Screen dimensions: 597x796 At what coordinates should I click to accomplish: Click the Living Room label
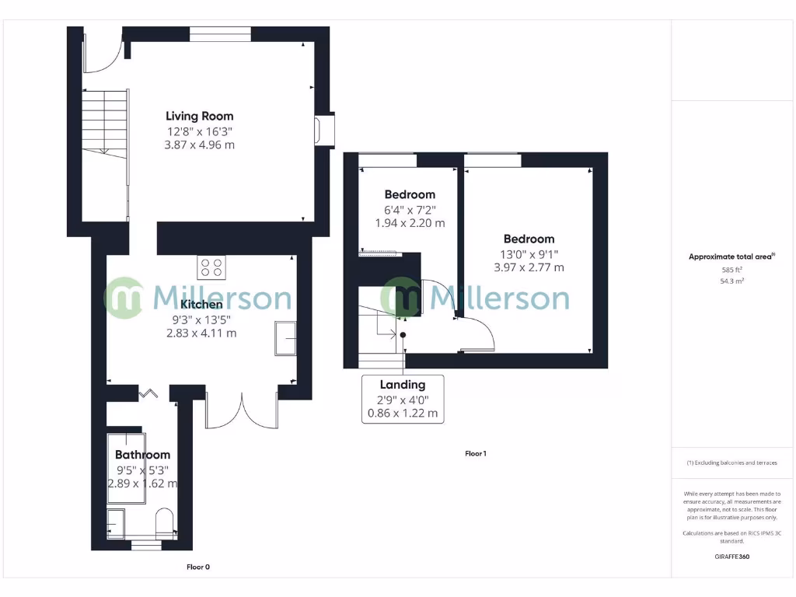[199, 117]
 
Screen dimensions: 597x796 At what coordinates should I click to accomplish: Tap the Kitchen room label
[201, 304]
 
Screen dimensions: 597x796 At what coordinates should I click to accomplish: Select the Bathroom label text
[142, 455]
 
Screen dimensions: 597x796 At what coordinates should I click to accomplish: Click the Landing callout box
[403, 398]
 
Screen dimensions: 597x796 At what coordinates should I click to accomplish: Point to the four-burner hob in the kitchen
[211, 267]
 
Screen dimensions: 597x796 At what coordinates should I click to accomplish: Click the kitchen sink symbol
[285, 338]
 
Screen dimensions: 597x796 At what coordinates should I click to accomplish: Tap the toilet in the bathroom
[165, 522]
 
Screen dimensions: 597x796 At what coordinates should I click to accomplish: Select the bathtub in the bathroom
[125, 465]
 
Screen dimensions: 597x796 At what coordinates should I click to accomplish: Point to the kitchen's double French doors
[241, 412]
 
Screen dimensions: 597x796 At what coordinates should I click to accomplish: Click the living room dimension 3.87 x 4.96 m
[199, 145]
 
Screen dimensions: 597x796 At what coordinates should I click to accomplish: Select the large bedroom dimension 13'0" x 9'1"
[529, 253]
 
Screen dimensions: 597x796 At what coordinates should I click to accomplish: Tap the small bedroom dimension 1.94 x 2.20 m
[410, 223]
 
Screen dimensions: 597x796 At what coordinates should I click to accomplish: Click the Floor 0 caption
[198, 567]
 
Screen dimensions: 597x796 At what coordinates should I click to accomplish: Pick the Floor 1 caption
[475, 453]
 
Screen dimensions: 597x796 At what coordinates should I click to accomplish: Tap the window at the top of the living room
[220, 33]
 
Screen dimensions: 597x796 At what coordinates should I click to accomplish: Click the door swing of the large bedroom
[478, 334]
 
